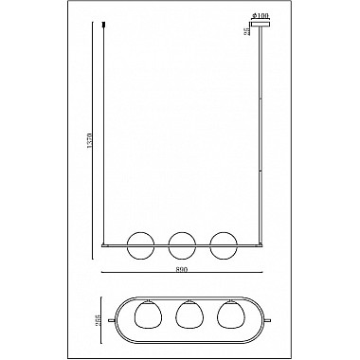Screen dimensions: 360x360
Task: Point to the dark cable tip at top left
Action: [104, 17]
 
